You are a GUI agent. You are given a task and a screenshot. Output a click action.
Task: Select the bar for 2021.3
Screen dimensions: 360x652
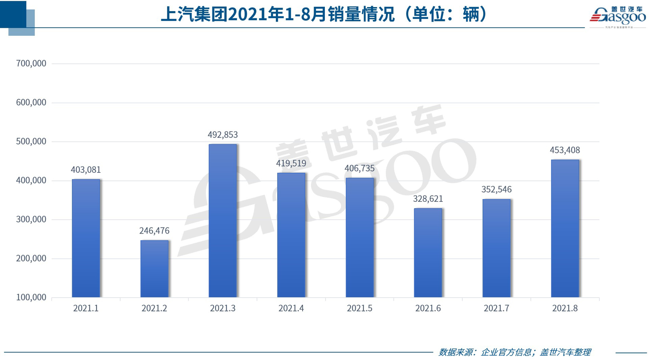tap(223, 221)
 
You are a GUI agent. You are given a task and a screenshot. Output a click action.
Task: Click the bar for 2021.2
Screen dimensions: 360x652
tap(154, 269)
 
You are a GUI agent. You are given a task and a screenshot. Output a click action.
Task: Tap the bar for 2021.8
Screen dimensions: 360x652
tap(565, 228)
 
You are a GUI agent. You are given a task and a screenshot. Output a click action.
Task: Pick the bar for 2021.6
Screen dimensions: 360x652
tap(428, 253)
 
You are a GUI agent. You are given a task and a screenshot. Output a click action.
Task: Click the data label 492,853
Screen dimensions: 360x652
tap(223, 135)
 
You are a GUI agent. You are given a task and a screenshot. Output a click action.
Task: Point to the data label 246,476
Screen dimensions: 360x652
tap(154, 231)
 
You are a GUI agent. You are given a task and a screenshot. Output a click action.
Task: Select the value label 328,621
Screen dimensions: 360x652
tap(428, 199)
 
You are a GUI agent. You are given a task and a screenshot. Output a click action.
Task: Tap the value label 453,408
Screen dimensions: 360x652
tap(565, 150)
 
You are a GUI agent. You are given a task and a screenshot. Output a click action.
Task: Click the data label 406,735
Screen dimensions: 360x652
tap(359, 168)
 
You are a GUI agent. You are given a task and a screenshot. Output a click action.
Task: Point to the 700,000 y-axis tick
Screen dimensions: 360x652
tap(31, 64)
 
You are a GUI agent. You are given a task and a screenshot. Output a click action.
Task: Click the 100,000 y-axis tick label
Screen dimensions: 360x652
tap(31, 298)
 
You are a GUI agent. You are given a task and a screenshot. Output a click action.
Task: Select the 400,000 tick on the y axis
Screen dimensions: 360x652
tap(31, 180)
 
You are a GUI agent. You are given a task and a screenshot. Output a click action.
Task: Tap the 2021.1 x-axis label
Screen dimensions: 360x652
tap(86, 309)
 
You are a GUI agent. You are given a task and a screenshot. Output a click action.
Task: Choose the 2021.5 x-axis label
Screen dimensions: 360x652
tap(359, 309)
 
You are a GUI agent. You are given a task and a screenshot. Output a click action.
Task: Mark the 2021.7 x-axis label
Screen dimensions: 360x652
tap(496, 309)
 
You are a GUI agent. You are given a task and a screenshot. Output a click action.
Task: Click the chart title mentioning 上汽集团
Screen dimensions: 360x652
tap(324, 15)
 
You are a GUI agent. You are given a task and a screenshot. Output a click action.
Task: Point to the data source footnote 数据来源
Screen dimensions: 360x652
tap(514, 352)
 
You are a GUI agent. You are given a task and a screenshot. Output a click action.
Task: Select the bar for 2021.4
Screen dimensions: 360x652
tap(291, 235)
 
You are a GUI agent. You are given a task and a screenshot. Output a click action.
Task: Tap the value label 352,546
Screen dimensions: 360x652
tap(496, 190)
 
